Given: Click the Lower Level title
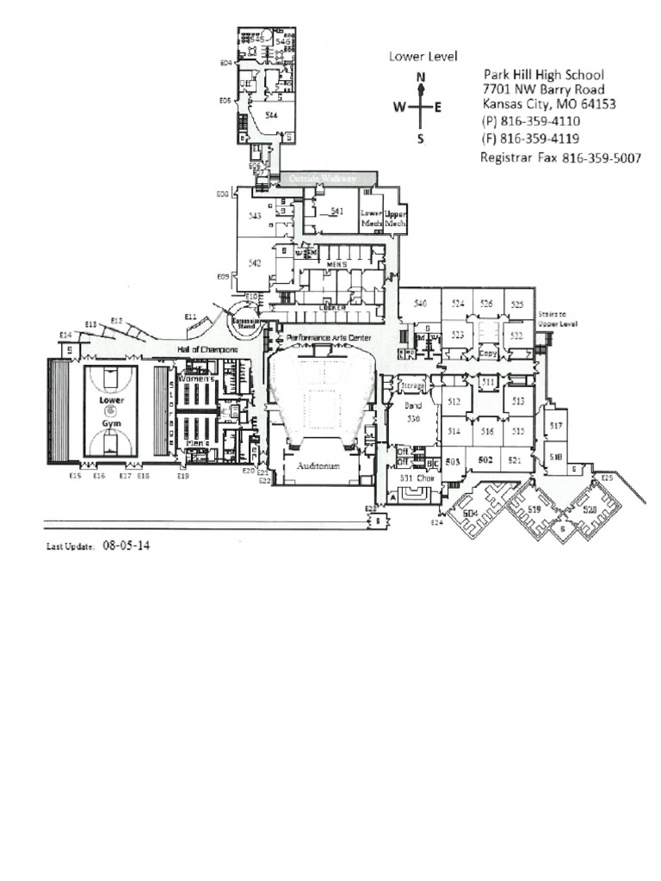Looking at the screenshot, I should pos(417,57).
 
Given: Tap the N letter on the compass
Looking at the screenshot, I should pos(421,77).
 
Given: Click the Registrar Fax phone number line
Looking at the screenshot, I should pos(559,158).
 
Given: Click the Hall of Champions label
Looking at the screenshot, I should pos(207,349).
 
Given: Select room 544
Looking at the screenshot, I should pos(271,114).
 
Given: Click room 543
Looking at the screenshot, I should pos(255,217).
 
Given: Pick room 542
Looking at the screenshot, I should pos(255,263).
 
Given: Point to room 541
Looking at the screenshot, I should pos(337,211).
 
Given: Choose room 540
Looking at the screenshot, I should pos(420,304).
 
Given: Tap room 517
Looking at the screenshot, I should pos(556,426).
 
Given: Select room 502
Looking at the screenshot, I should pos(485,461).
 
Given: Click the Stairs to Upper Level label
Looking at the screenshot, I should pos(556,319).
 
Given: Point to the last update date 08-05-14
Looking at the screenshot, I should pos(126,545).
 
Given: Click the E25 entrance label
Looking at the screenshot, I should pos(607,477).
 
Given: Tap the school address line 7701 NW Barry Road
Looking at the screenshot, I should pos(543,89).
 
